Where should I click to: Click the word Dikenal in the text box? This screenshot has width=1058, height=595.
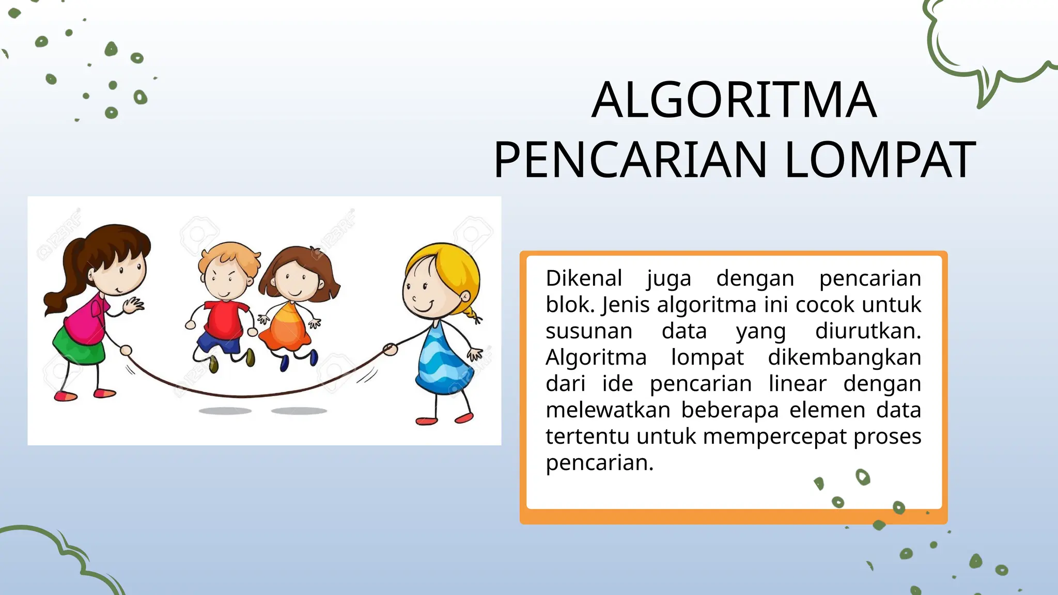(584, 278)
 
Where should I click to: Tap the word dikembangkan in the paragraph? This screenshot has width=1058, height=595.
(844, 357)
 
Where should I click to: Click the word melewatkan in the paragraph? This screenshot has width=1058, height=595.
(608, 410)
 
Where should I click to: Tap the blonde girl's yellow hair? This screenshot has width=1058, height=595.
(455, 269)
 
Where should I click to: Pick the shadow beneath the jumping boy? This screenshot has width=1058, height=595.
(225, 411)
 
